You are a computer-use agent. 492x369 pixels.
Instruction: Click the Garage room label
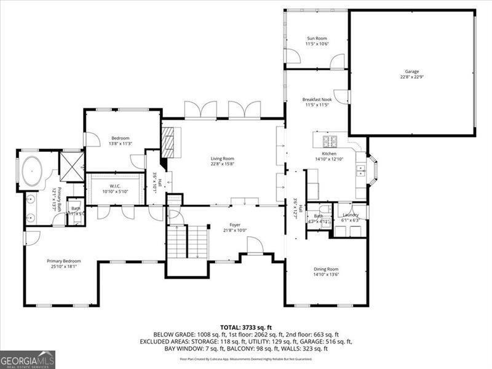point(411,71)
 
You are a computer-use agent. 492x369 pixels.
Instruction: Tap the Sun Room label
point(317,38)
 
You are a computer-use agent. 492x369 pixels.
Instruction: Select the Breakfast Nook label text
point(317,99)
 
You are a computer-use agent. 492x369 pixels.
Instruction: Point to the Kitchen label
point(330,153)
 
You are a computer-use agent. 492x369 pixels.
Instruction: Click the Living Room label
point(223,158)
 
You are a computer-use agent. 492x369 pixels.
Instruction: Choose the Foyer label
point(235,225)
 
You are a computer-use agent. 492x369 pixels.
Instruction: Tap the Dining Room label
point(326,269)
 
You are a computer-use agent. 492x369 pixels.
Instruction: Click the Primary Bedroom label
point(64,261)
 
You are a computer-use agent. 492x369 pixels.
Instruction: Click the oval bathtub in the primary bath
point(31,172)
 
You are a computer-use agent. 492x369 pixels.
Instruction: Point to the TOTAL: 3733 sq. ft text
point(245,327)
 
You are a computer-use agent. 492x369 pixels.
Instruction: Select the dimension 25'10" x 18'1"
point(64,267)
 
